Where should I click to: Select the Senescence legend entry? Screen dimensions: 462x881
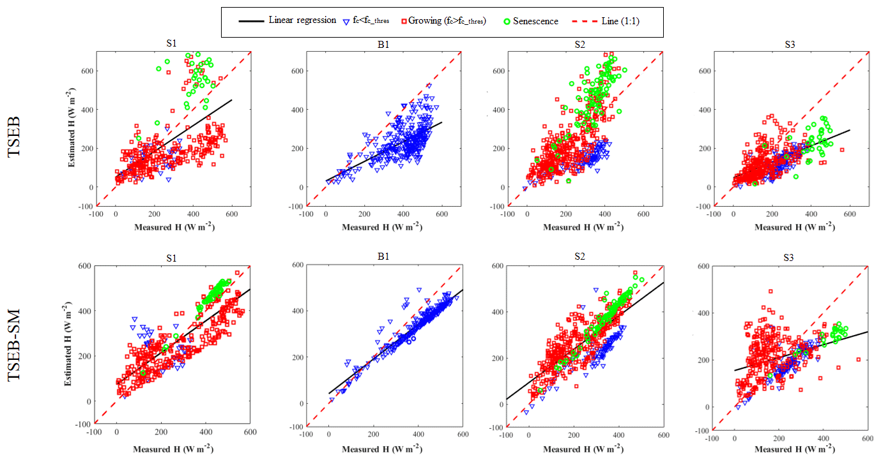[535, 21]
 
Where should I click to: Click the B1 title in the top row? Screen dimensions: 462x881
[383, 44]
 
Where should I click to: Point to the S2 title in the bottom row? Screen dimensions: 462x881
[584, 257]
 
